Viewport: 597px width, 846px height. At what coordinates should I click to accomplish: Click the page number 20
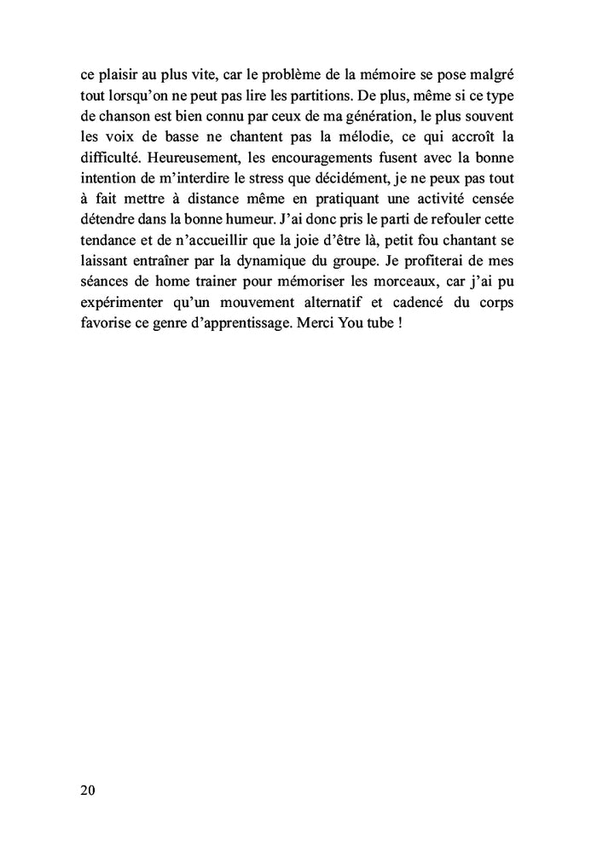click(x=88, y=790)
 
